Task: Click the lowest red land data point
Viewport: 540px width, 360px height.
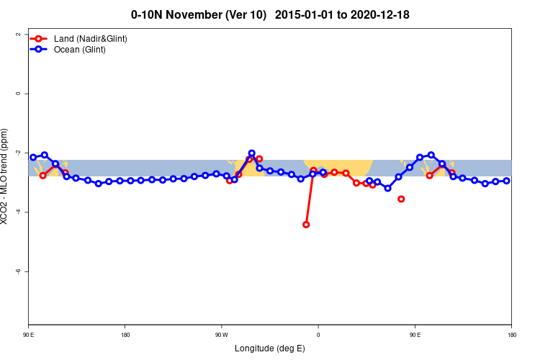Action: [x=306, y=225]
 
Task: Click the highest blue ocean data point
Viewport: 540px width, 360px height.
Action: [x=251, y=153]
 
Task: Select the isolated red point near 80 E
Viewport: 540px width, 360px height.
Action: [x=401, y=199]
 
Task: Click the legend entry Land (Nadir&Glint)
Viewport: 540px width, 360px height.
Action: [x=90, y=38]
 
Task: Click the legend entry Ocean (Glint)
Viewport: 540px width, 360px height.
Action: [x=79, y=50]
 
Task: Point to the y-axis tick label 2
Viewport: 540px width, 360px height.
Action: [x=17, y=34]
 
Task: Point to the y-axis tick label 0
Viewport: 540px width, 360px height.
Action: [x=17, y=94]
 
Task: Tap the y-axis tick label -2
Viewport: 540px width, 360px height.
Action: [x=17, y=153]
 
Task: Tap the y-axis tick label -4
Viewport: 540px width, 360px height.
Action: [x=17, y=212]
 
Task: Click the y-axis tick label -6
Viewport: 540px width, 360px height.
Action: [x=17, y=271]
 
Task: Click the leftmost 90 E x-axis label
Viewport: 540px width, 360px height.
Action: [x=28, y=334]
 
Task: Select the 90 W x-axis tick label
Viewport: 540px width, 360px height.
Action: [x=221, y=334]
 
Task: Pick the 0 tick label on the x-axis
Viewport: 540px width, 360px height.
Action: [x=318, y=334]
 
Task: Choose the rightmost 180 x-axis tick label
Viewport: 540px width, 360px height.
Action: [x=511, y=334]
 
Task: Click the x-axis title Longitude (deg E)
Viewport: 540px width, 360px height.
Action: [x=269, y=348]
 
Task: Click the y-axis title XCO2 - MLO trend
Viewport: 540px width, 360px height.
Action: [x=6, y=176]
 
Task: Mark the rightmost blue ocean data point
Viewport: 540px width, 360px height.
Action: [x=507, y=181]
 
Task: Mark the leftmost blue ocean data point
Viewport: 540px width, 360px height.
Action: [x=33, y=157]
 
